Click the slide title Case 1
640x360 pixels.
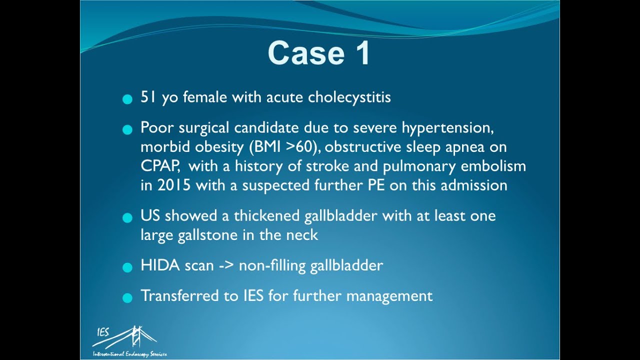tap(319, 53)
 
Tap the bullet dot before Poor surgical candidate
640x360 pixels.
tap(127, 130)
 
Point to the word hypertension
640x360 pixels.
tap(447, 128)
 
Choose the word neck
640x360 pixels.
tap(302, 235)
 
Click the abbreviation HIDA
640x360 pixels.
tap(160, 265)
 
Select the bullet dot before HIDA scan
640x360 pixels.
tap(127, 267)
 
